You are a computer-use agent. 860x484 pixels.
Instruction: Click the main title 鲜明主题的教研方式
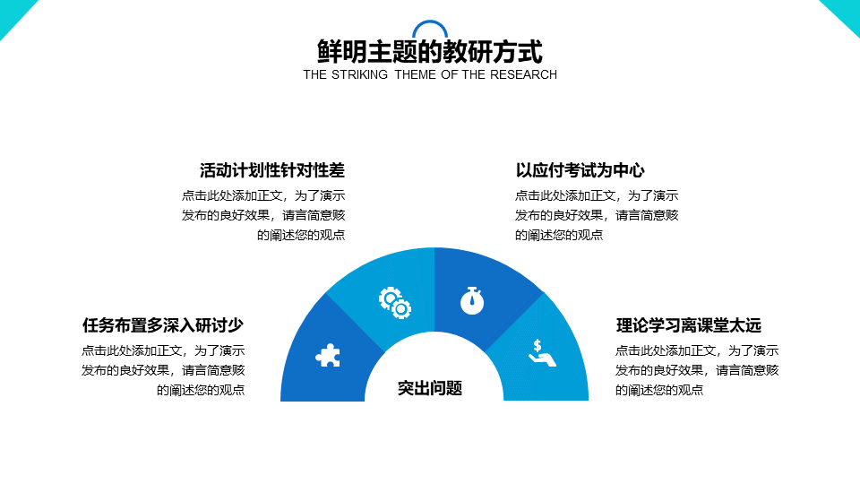pyautogui.click(x=430, y=52)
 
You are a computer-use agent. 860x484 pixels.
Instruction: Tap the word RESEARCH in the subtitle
pyautogui.click(x=523, y=74)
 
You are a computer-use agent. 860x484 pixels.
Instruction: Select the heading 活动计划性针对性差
pyautogui.click(x=272, y=170)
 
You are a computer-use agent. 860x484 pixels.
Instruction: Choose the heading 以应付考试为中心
pyautogui.click(x=580, y=170)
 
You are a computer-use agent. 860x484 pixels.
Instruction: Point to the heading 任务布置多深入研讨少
pyautogui.click(x=163, y=324)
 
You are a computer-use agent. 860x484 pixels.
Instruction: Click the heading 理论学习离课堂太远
pyautogui.click(x=688, y=324)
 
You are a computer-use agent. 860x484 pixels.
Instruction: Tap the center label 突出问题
pyautogui.click(x=430, y=388)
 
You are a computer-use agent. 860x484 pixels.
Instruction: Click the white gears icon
pyautogui.click(x=395, y=302)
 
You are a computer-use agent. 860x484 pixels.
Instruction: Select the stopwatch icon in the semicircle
pyautogui.click(x=472, y=300)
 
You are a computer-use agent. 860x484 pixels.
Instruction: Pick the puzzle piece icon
pyautogui.click(x=328, y=356)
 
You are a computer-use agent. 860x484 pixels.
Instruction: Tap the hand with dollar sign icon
pyautogui.click(x=542, y=352)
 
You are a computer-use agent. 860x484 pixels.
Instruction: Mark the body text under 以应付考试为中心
pyautogui.click(x=597, y=215)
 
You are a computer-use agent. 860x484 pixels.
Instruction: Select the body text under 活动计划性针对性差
pyautogui.click(x=263, y=215)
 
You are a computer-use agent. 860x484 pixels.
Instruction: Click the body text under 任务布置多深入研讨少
pyautogui.click(x=163, y=370)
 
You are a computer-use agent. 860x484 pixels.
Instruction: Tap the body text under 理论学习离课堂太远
pyautogui.click(x=697, y=370)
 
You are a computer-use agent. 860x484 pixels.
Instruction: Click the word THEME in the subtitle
pyautogui.click(x=416, y=74)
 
